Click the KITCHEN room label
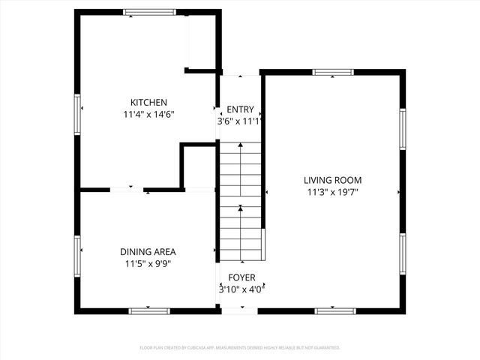pos(148,103)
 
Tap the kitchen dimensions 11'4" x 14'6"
pos(148,115)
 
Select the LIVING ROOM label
pos(332,180)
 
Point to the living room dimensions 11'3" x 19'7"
pos(332,192)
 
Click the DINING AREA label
pos(148,252)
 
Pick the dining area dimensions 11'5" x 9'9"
pos(148,264)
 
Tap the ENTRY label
pos(241,109)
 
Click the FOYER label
pos(241,277)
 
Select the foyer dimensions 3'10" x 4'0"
pos(241,288)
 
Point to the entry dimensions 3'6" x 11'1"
pos(241,121)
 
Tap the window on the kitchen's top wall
pos(150,12)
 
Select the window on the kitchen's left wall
pos(77,115)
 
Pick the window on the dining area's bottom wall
pos(149,310)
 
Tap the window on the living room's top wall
pos(333,73)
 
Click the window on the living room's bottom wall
pos(334,310)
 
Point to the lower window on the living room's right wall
pos(403,254)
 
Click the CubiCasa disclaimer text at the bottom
pos(240,348)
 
